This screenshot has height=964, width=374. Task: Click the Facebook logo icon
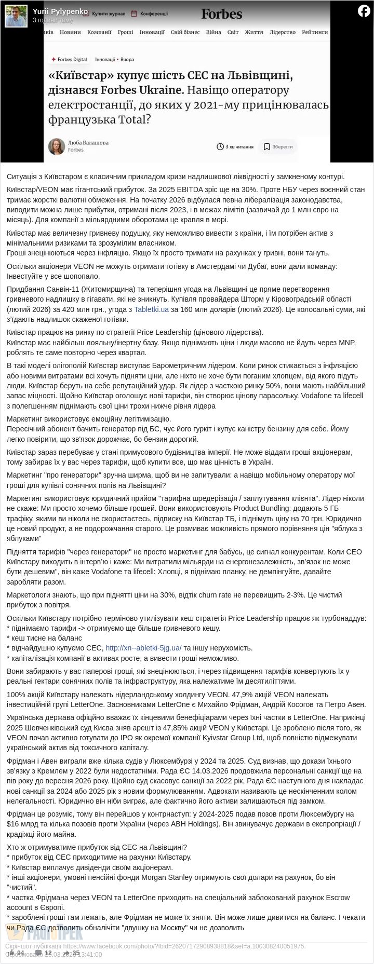click(x=364, y=11)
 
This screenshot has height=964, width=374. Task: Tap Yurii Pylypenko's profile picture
click(x=16, y=16)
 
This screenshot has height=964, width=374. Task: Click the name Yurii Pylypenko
click(x=60, y=11)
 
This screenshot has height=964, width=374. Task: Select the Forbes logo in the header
click(x=222, y=13)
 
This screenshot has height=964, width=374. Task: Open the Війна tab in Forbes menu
click(x=213, y=32)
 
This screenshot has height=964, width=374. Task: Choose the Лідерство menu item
click(x=283, y=32)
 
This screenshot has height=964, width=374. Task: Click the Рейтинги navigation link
click(x=315, y=32)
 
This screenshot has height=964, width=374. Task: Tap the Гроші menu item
click(x=125, y=32)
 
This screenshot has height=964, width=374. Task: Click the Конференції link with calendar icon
click(x=149, y=13)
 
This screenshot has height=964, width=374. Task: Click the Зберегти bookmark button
click(x=278, y=147)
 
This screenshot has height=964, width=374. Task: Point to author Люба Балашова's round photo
click(x=57, y=146)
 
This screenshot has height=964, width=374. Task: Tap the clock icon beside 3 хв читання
click(x=220, y=147)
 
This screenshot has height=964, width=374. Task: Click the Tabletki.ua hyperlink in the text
click(x=151, y=309)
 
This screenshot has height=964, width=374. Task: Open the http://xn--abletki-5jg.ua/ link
click(x=143, y=648)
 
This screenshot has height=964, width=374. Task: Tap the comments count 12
click(x=44, y=953)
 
